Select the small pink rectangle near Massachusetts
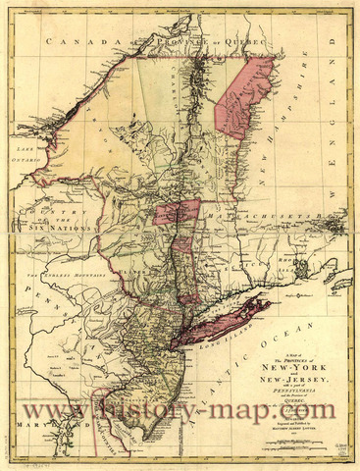coord(177,210)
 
